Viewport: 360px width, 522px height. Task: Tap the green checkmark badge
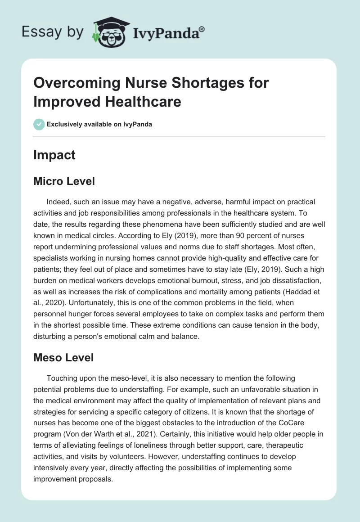39,124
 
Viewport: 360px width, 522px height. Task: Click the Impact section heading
54,155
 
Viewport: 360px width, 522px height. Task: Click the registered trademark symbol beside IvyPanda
202,28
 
